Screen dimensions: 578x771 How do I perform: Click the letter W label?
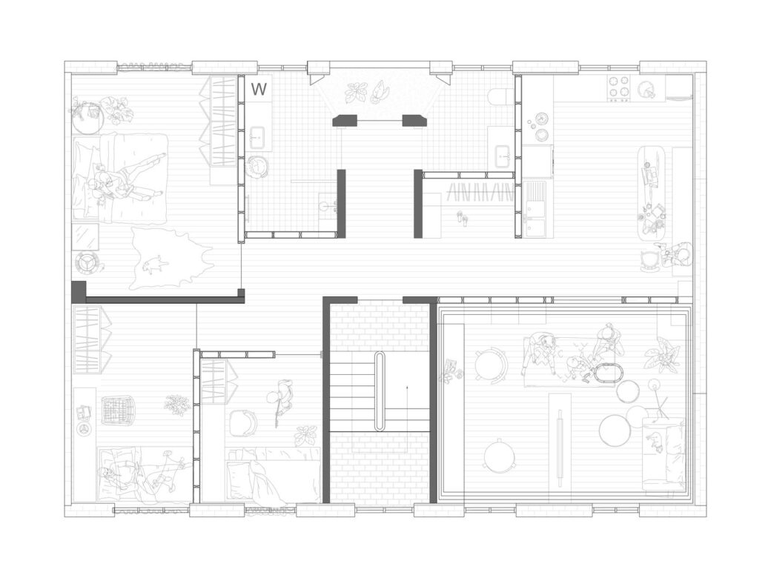[259, 90]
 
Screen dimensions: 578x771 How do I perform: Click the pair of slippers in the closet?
[461, 217]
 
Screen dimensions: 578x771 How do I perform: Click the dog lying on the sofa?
[655, 441]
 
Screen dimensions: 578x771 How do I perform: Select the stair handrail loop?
[380, 391]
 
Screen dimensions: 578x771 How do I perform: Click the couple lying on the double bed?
[119, 178]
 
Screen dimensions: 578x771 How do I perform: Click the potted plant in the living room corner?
[662, 354]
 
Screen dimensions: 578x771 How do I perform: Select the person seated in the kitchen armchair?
[678, 255]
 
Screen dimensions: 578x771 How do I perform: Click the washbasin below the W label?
[259, 136]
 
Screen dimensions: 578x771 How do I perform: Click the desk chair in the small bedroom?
[242, 423]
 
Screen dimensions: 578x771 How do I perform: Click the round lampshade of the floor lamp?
[655, 385]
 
